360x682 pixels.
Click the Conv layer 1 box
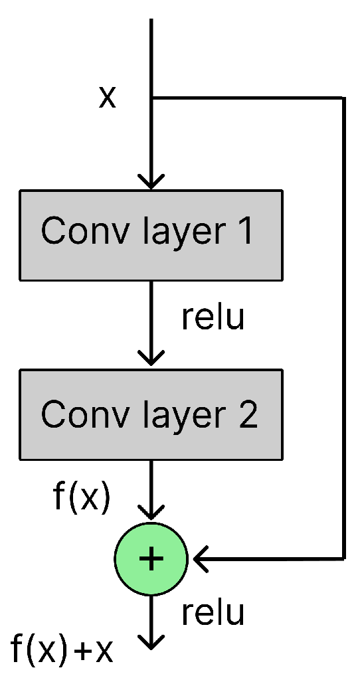click(151, 235)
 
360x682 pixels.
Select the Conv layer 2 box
click(151, 414)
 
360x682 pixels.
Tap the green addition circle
click(151, 559)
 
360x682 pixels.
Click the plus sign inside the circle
click(151, 559)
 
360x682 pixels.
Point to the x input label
click(107, 98)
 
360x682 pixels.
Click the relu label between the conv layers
click(213, 317)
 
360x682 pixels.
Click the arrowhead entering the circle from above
click(152, 512)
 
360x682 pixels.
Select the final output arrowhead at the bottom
click(152, 641)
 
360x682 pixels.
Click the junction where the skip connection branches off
click(152, 99)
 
